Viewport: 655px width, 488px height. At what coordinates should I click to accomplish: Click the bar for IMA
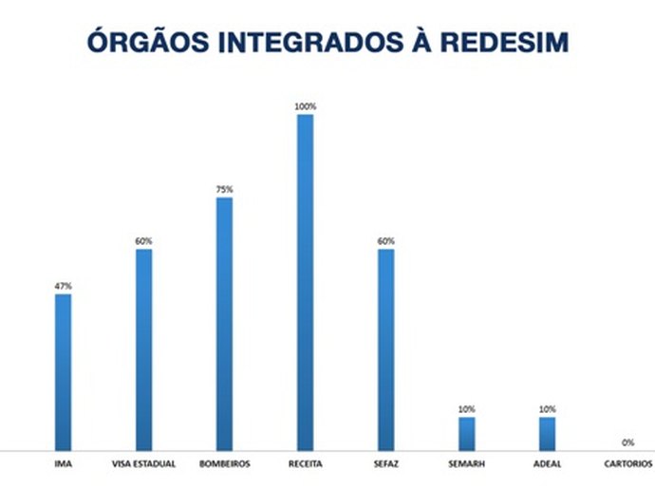click(63, 371)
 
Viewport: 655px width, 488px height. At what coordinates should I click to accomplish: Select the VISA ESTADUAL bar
click(143, 348)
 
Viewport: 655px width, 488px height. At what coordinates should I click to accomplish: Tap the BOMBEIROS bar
click(224, 323)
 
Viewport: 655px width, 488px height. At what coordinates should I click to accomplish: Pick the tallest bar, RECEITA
click(305, 281)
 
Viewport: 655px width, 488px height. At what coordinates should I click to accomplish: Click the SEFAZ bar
click(385, 348)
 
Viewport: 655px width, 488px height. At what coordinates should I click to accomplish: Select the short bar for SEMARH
click(466, 433)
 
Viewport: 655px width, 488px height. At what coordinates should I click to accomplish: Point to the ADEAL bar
click(547, 433)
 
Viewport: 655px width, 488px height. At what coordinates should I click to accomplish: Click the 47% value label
click(63, 286)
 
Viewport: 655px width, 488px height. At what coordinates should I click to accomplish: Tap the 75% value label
click(224, 189)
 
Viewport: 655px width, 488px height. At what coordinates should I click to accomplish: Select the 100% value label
click(305, 106)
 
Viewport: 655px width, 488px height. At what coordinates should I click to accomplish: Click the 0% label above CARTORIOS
click(627, 442)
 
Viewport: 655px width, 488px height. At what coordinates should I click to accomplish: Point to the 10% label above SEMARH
click(466, 409)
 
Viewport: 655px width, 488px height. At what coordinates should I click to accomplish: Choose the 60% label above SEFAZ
click(385, 241)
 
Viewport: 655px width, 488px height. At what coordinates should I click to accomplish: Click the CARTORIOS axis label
click(627, 464)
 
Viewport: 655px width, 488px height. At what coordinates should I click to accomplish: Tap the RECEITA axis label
click(305, 464)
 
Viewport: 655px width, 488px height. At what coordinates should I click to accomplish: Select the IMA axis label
click(63, 464)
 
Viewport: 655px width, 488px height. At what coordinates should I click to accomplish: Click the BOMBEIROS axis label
click(224, 464)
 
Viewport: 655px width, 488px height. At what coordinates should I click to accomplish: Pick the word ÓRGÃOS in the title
click(143, 43)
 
